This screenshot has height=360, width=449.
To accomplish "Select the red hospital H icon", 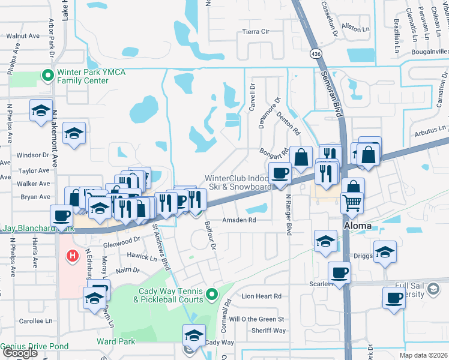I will click(73, 257).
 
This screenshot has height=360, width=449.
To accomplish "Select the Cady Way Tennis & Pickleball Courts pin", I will click(211, 295).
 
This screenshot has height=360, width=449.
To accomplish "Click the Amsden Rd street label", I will click(240, 220).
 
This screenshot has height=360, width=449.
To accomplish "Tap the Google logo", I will click(19, 353).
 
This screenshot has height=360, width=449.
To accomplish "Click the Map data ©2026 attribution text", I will click(423, 355).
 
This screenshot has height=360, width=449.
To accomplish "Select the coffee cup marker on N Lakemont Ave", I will click(62, 215).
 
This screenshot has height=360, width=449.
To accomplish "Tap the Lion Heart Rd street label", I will click(261, 296).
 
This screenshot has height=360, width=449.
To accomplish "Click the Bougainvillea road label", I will click(430, 52).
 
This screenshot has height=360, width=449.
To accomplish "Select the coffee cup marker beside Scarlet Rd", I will click(340, 272).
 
